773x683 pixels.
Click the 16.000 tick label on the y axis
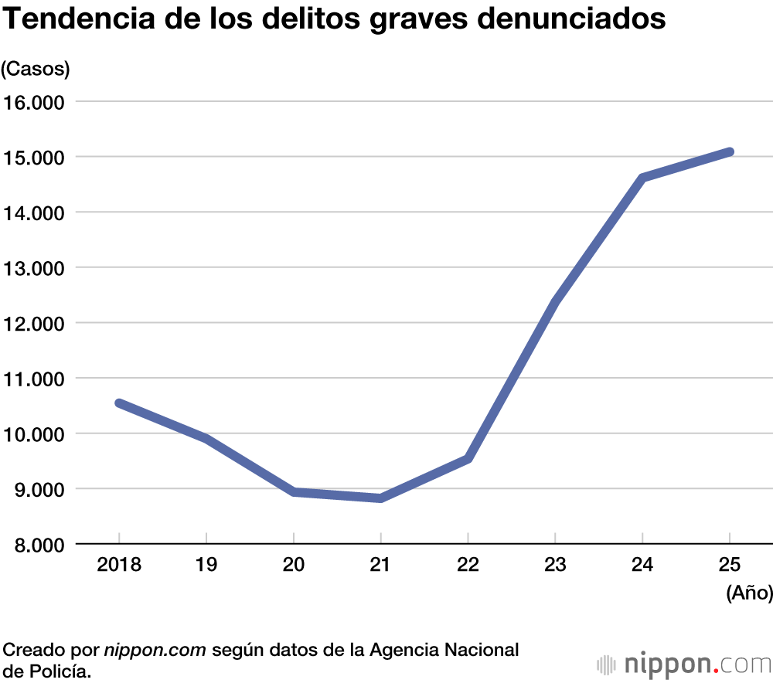coord(36,102)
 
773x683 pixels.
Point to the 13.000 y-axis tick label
coord(36,268)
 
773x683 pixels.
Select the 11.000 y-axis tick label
coord(36,379)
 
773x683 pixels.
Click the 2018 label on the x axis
coord(119,565)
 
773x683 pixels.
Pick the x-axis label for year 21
coord(380,565)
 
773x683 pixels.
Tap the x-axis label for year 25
coord(730,565)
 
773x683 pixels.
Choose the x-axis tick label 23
coord(555,565)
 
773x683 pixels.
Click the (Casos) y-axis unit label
coord(36,69)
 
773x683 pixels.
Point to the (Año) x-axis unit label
coord(749,593)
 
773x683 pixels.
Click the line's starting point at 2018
coord(119,403)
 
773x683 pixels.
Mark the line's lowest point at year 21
coord(380,498)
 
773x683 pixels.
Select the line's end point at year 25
coord(729,151)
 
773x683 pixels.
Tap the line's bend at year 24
coord(642,178)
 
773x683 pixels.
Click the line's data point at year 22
coord(468,459)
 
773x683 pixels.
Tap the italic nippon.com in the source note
coord(155,649)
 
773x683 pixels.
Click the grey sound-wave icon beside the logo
coord(608,664)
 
